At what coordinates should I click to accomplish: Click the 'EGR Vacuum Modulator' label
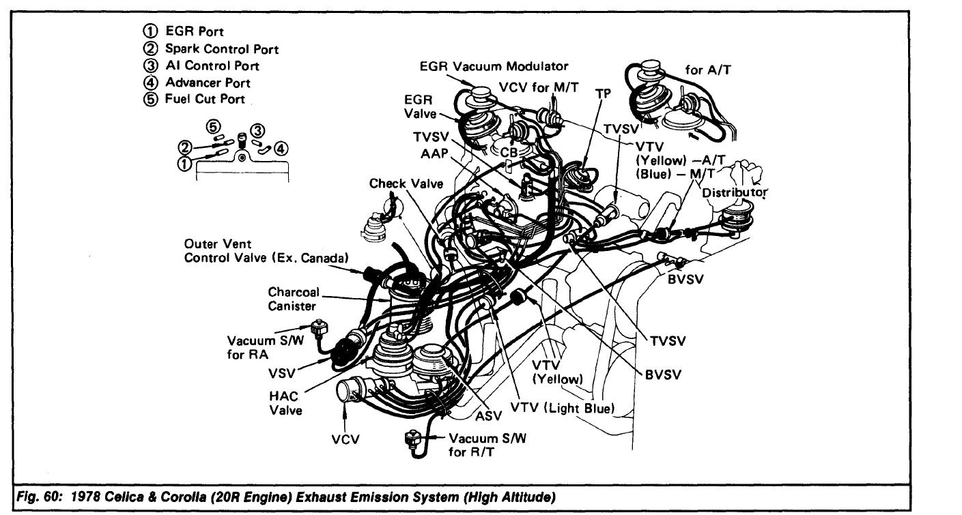click(494, 66)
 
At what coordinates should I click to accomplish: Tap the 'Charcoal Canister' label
click(294, 298)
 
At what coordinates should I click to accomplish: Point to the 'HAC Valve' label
click(286, 404)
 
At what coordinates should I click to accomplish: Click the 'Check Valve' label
click(406, 183)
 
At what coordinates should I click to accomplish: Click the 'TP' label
click(602, 93)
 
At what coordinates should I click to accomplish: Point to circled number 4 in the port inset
click(281, 148)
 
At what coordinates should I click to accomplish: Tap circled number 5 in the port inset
click(214, 127)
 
